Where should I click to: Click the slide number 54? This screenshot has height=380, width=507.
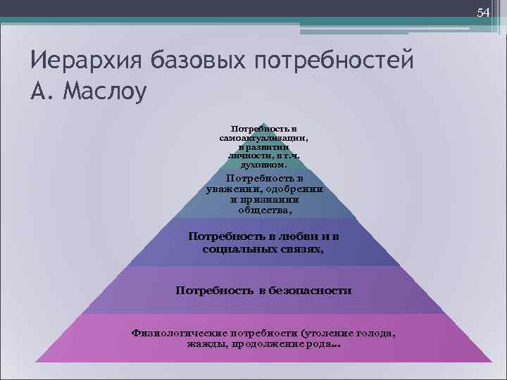[483, 13]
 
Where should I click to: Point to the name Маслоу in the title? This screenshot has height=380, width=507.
[106, 91]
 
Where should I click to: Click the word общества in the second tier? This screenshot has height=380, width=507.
[264, 209]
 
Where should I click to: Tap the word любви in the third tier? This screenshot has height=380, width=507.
[296, 236]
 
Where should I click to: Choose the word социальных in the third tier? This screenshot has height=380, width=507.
[236, 249]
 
